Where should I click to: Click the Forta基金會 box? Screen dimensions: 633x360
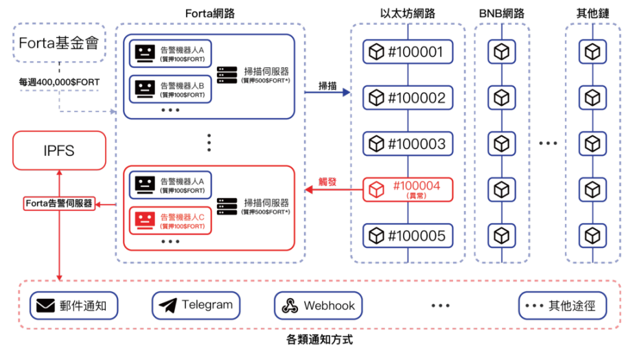(59, 43)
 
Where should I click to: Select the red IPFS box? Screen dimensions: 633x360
(59, 150)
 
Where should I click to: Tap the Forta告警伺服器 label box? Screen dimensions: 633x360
(59, 203)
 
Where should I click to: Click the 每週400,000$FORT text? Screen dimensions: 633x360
(59, 82)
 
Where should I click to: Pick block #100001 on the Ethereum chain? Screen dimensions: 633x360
(408, 52)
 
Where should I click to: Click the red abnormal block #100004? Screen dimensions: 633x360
(408, 190)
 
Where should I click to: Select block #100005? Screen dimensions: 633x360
(408, 236)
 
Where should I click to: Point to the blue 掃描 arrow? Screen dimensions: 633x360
(327, 93)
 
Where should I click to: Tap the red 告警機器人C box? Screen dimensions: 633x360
(170, 221)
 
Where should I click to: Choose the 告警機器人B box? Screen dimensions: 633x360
(170, 89)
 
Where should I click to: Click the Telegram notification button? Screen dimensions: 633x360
(196, 306)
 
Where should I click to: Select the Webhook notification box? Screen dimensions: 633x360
(318, 306)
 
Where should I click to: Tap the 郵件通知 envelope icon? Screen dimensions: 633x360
(45, 306)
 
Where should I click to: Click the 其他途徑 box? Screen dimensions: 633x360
(563, 306)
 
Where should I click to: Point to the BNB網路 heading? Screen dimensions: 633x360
(502, 13)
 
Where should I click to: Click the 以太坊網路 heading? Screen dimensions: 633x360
(408, 13)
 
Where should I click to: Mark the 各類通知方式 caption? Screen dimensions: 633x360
(319, 340)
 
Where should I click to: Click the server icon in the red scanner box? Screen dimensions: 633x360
(227, 207)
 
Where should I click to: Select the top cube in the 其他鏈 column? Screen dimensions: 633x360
(592, 52)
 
